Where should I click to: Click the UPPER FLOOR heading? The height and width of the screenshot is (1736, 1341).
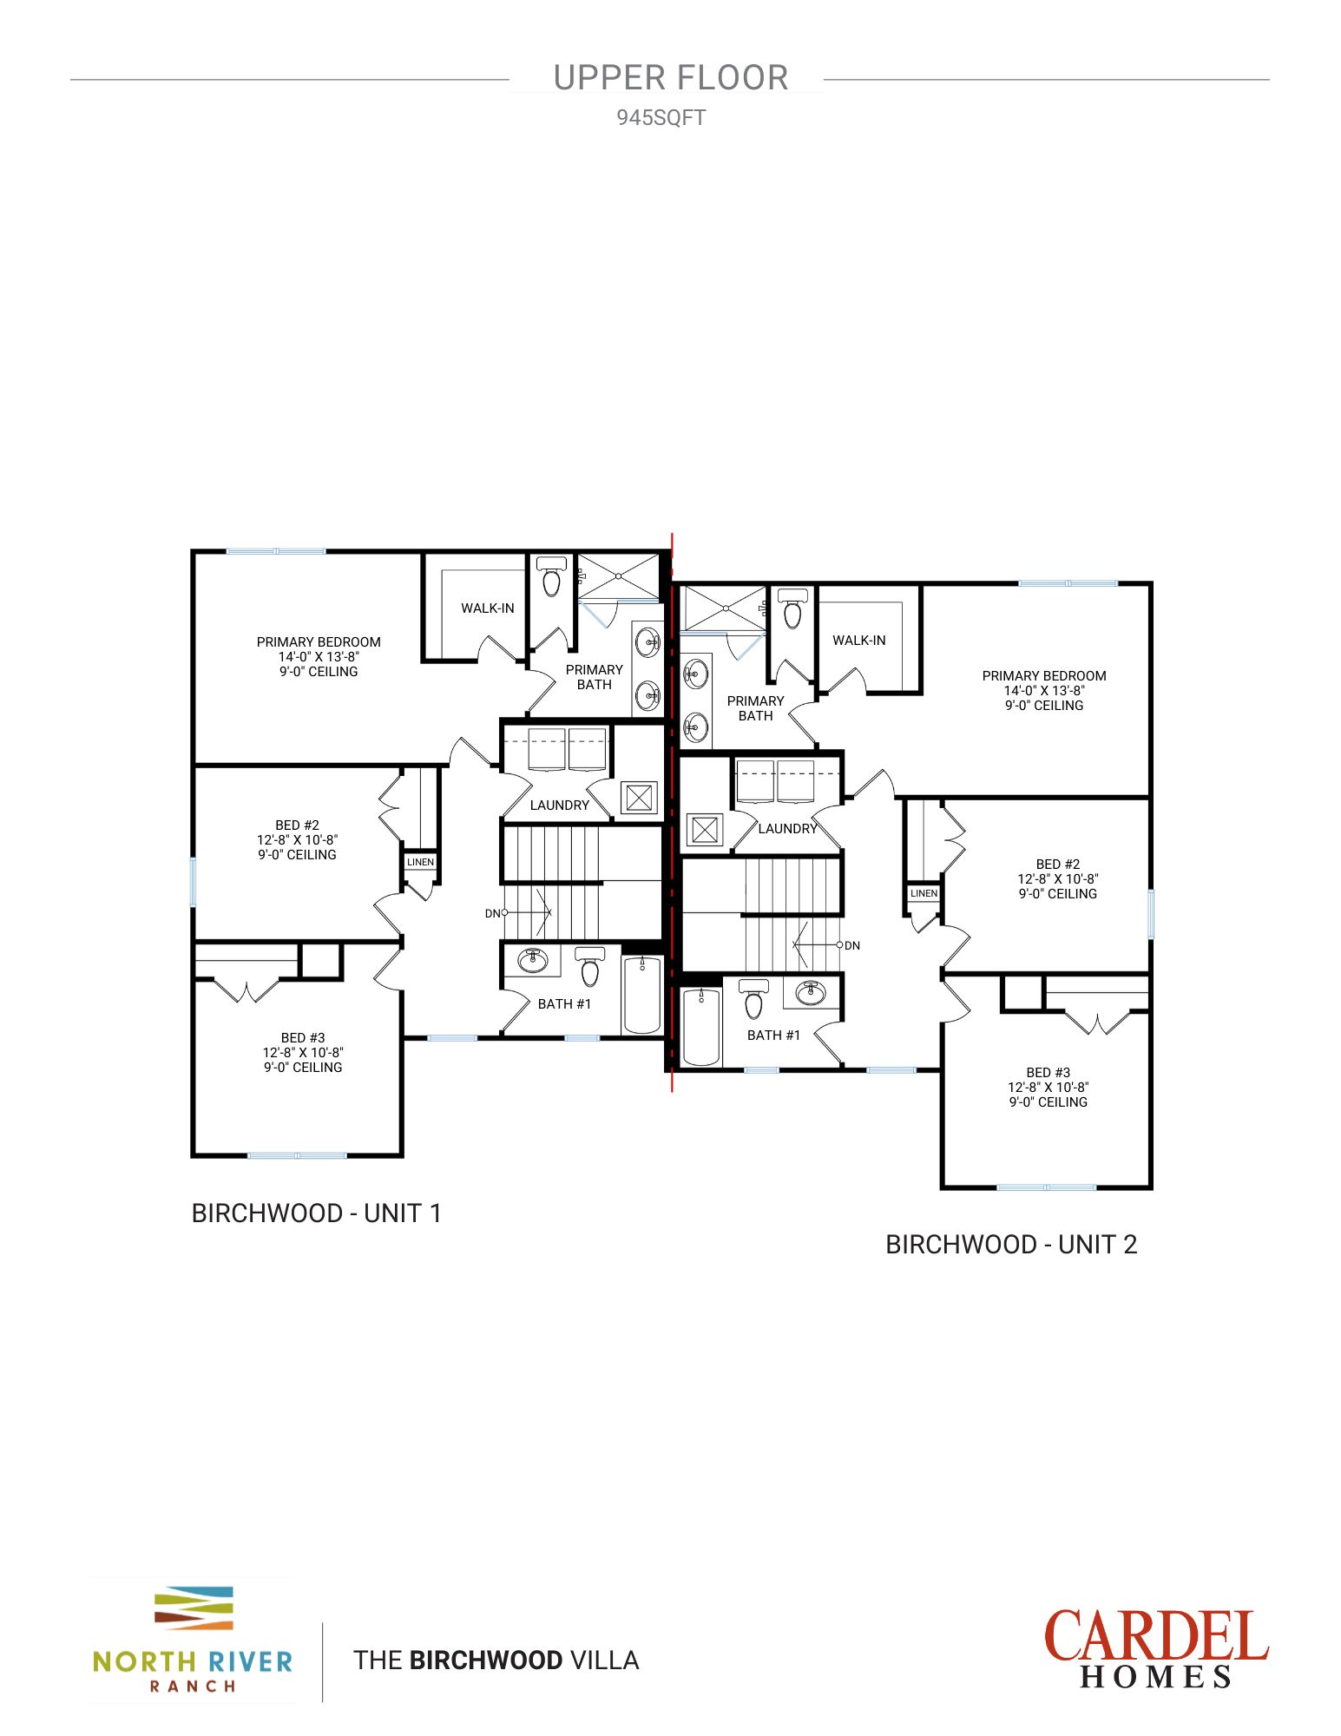[670, 78]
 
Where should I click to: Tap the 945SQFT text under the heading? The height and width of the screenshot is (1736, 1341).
[661, 118]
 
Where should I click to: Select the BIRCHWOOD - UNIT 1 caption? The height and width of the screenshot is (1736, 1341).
[316, 1213]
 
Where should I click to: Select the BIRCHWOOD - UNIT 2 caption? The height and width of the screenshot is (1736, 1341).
[1010, 1244]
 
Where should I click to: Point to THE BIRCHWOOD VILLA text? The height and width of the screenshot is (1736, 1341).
[496, 1660]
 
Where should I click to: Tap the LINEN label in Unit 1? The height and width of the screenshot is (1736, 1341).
[420, 862]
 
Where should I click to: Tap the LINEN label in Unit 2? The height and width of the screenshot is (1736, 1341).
[924, 893]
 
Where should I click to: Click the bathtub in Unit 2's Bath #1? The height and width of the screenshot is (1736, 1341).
[701, 1027]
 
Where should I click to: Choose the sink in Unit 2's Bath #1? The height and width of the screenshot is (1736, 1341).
[811, 992]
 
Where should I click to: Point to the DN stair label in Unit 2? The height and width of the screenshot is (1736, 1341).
[852, 945]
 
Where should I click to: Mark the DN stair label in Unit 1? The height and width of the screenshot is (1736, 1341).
[492, 913]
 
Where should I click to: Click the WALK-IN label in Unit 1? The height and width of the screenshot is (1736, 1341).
[487, 608]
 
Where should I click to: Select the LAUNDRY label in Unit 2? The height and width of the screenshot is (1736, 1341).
[787, 828]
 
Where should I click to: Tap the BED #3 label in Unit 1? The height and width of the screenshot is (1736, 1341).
[303, 1038]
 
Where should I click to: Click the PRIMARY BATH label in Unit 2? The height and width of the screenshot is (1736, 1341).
[755, 708]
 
